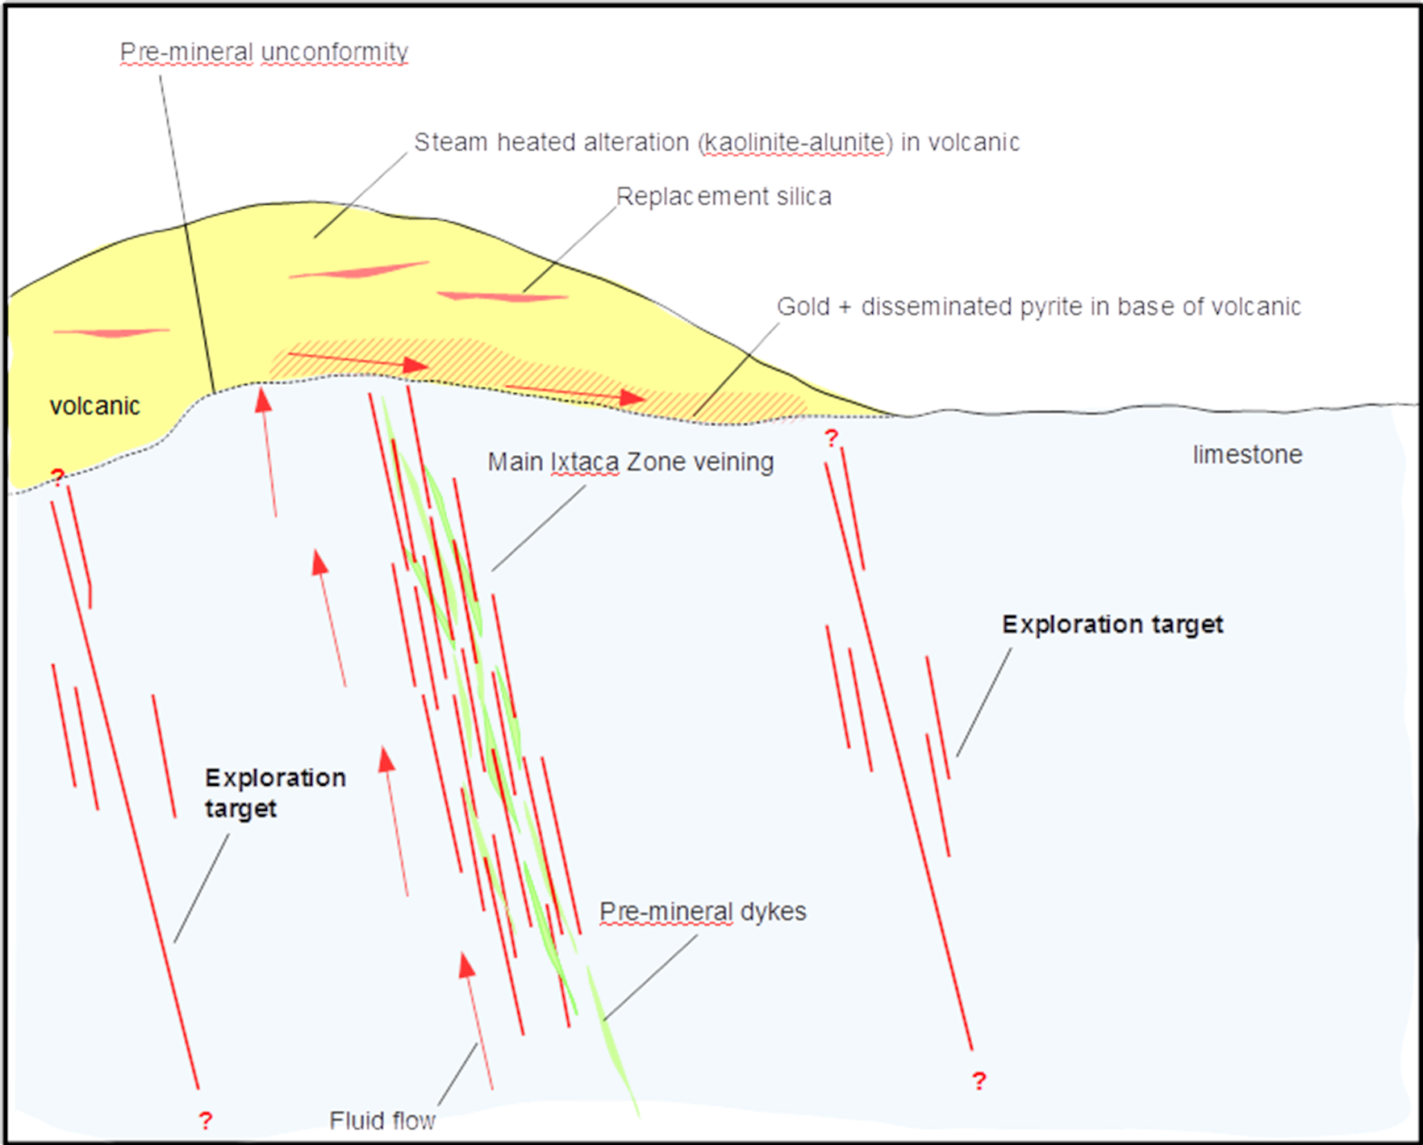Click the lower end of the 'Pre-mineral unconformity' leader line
(215, 393)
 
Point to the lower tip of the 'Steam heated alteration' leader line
(315, 237)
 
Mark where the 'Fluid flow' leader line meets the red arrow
(478, 1044)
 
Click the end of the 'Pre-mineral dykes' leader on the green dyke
(603, 1022)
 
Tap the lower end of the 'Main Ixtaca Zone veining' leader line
(492, 570)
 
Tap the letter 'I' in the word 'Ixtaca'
(553, 462)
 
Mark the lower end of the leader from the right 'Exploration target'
(958, 756)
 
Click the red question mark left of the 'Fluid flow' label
(206, 1120)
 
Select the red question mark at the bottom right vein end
(979, 1080)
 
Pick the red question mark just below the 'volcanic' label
(57, 477)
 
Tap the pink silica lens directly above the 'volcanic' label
(111, 332)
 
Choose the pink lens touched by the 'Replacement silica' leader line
(502, 297)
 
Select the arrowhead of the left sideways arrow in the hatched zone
(415, 366)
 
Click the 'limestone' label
(1247, 454)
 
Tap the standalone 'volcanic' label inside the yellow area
(94, 405)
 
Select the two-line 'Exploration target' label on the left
(275, 792)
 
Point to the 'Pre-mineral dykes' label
(703, 911)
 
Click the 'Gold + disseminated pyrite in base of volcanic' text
(1039, 307)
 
